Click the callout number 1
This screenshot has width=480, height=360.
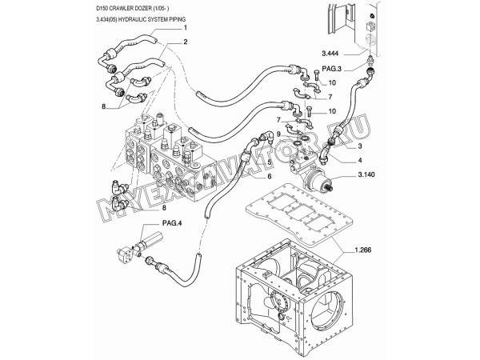click(186, 28)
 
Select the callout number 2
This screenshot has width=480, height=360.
click(186, 42)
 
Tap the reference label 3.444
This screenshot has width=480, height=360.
click(330, 54)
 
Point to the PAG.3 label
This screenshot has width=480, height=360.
click(331, 69)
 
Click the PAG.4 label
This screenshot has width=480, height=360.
click(172, 223)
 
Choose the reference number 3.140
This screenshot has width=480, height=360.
click(366, 174)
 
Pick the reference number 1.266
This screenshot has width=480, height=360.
click(363, 250)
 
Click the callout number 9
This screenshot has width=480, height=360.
click(278, 134)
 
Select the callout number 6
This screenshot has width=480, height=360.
click(270, 176)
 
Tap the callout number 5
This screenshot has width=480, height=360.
click(270, 162)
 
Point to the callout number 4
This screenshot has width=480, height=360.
click(360, 160)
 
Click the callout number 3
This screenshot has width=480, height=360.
click(360, 146)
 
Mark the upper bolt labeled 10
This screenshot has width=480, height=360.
click(317, 76)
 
